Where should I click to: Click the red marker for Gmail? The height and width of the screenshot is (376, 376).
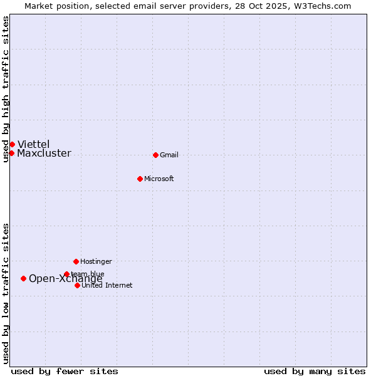[155, 155]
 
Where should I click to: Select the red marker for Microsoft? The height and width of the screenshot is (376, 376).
[140, 179]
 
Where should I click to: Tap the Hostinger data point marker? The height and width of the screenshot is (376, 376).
[76, 261]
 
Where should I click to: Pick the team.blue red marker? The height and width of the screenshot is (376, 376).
[66, 274]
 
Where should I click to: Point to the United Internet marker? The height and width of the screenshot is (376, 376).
[77, 285]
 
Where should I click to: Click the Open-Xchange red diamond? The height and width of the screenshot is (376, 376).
[23, 278]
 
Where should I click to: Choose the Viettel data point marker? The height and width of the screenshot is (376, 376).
[12, 144]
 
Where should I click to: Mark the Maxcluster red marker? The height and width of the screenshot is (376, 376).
[11, 153]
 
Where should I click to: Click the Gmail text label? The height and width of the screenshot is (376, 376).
[169, 155]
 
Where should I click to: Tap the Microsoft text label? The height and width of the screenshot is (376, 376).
[159, 179]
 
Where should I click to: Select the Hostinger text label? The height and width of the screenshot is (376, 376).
[96, 262]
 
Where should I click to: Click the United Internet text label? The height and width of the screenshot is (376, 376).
[107, 286]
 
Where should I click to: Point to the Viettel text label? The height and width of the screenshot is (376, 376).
[33, 145]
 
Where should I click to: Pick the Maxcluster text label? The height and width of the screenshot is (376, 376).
[44, 154]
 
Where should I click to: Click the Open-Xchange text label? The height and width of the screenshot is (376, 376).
[65, 279]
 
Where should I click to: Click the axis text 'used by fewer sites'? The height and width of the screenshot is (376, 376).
[65, 372]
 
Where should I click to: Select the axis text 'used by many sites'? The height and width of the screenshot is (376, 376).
[315, 372]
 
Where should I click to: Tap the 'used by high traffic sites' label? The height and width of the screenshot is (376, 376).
[6, 89]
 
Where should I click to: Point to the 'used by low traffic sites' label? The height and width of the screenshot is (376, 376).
[6, 293]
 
